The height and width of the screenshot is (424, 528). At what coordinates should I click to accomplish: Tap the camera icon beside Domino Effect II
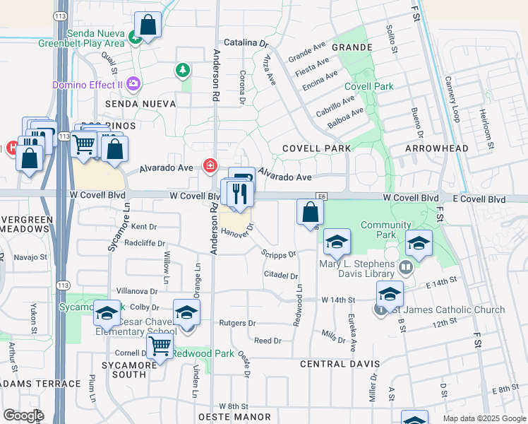point(134,85)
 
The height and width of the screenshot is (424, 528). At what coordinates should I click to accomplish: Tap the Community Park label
point(385,225)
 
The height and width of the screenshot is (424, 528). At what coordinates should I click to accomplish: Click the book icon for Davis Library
point(405,267)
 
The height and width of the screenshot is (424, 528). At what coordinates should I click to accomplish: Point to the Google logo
point(23,416)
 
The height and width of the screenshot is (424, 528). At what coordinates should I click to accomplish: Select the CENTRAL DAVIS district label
point(340,365)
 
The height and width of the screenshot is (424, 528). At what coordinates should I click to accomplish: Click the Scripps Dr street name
point(278,253)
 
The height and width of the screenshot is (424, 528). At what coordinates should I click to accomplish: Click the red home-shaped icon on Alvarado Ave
point(210,166)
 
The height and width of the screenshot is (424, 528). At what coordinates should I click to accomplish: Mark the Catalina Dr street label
point(246,43)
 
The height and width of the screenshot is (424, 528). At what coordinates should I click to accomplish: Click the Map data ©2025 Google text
point(484,418)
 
